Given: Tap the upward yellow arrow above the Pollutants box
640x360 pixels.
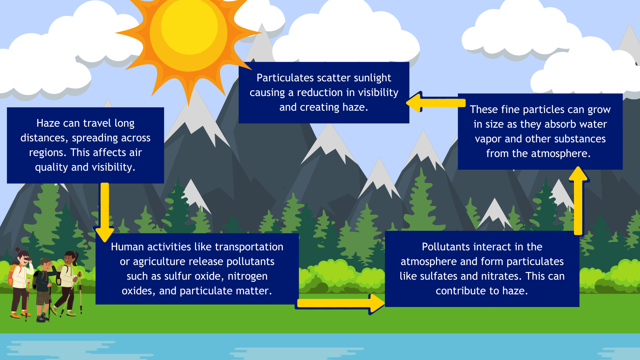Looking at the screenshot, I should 578,200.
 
